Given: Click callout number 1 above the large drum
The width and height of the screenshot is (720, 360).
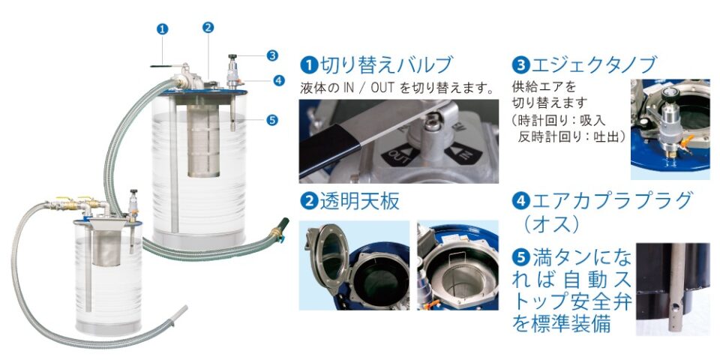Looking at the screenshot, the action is [x=162, y=29].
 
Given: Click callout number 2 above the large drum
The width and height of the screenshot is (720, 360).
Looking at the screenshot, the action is [x=208, y=27].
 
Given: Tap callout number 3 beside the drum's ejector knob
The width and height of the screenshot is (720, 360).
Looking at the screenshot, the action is [x=272, y=55].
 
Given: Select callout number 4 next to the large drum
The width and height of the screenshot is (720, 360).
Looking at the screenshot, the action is [x=279, y=80].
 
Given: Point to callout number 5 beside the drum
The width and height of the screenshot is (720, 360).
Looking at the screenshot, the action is [x=271, y=120].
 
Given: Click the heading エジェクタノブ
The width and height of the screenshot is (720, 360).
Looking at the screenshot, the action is [x=593, y=64].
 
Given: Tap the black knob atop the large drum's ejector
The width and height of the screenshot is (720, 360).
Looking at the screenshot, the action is [x=232, y=57].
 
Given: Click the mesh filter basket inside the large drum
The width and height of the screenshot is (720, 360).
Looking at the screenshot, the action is [x=203, y=140].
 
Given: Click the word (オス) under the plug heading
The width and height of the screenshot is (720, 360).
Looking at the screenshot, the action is [x=550, y=224].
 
